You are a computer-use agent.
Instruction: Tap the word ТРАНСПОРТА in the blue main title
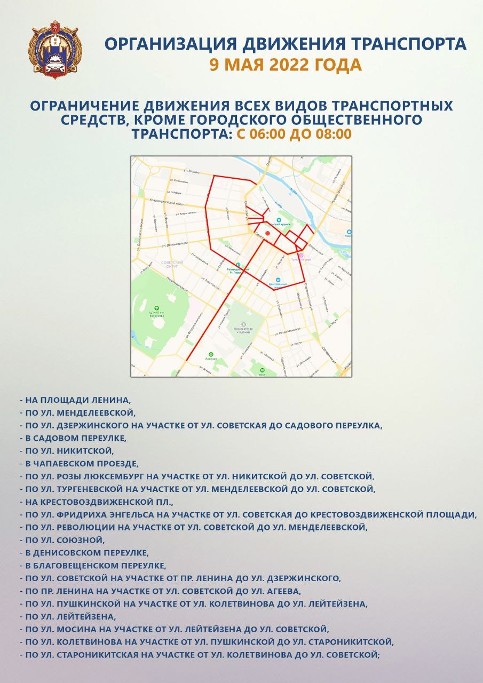pos(403,44)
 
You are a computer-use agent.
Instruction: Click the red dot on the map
pos(268,234)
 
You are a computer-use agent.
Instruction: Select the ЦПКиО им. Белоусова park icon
pos(156,308)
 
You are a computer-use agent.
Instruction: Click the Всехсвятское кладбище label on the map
pos(243,327)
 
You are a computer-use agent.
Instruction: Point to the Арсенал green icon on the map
pos(211,354)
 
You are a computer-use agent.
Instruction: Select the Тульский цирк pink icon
pos(301,256)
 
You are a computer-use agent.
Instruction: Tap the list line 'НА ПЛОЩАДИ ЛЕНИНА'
pos(77,399)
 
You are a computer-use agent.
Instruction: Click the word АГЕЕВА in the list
pos(283,591)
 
